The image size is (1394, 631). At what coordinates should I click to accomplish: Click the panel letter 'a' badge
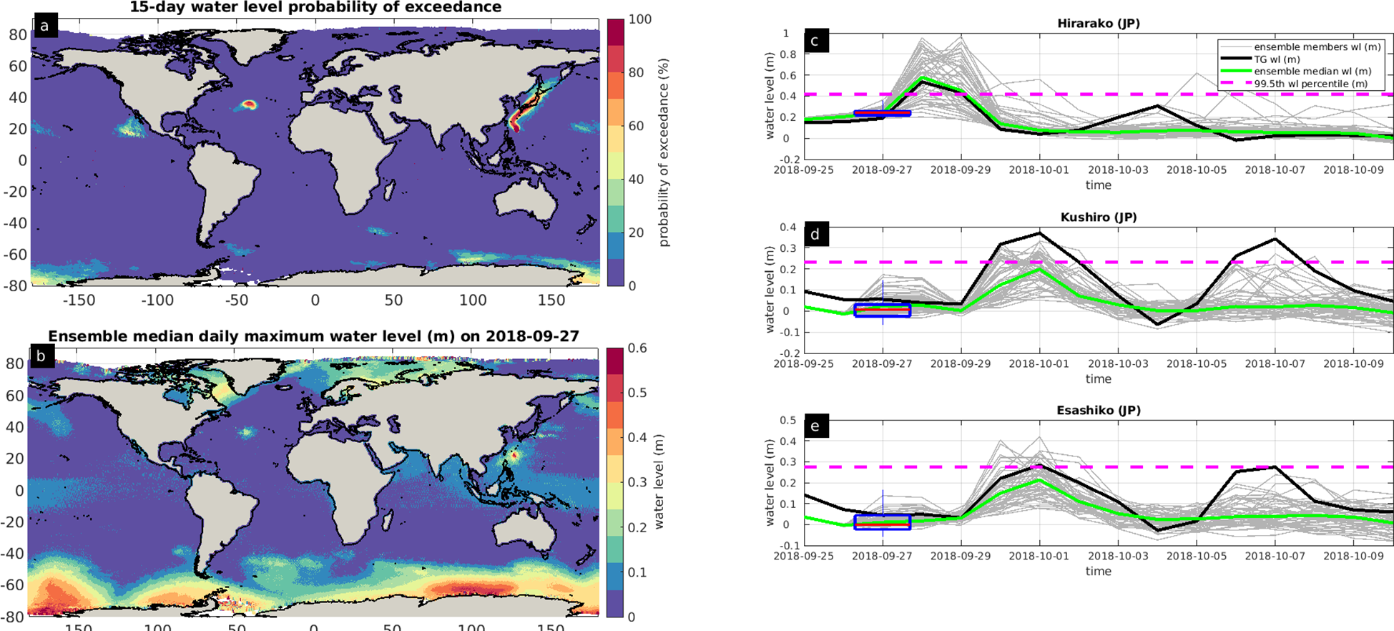coord(44,26)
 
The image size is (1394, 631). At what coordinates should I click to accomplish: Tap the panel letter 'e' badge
coord(815,427)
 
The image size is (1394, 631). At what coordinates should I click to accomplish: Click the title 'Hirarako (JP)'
coord(1098,24)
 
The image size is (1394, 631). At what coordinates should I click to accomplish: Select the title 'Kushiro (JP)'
coord(1098,217)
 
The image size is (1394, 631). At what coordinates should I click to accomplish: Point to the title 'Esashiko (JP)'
coord(1098,410)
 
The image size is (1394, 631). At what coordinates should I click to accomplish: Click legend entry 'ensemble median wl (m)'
coord(1312,72)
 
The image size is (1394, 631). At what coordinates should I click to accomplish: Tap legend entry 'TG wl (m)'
coord(1277,59)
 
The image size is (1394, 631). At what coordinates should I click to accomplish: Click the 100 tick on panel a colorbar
coord(639,19)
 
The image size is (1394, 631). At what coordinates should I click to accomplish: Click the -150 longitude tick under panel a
coord(79,300)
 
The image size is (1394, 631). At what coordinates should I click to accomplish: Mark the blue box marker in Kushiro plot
coord(882,310)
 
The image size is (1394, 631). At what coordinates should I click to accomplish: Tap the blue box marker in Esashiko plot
coord(882,522)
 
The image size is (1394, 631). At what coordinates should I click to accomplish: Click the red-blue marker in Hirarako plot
coord(882,113)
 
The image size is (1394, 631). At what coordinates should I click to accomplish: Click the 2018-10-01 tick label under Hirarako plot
coord(1039,170)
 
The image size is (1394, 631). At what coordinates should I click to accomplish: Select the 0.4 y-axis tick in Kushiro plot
coord(786,228)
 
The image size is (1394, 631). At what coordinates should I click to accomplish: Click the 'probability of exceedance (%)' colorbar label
coord(664,153)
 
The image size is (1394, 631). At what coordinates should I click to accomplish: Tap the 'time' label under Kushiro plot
coord(1098,378)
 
